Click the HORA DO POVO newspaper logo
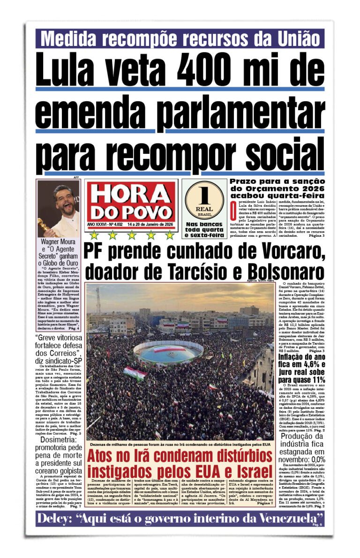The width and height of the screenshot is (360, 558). click(x=131, y=201)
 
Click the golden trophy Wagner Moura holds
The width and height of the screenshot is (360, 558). click(x=45, y=227)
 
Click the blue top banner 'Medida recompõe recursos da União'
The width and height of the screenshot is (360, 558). click(x=180, y=38)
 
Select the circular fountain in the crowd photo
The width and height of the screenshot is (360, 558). click(x=168, y=352)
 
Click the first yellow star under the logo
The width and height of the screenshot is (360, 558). click(x=94, y=235)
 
